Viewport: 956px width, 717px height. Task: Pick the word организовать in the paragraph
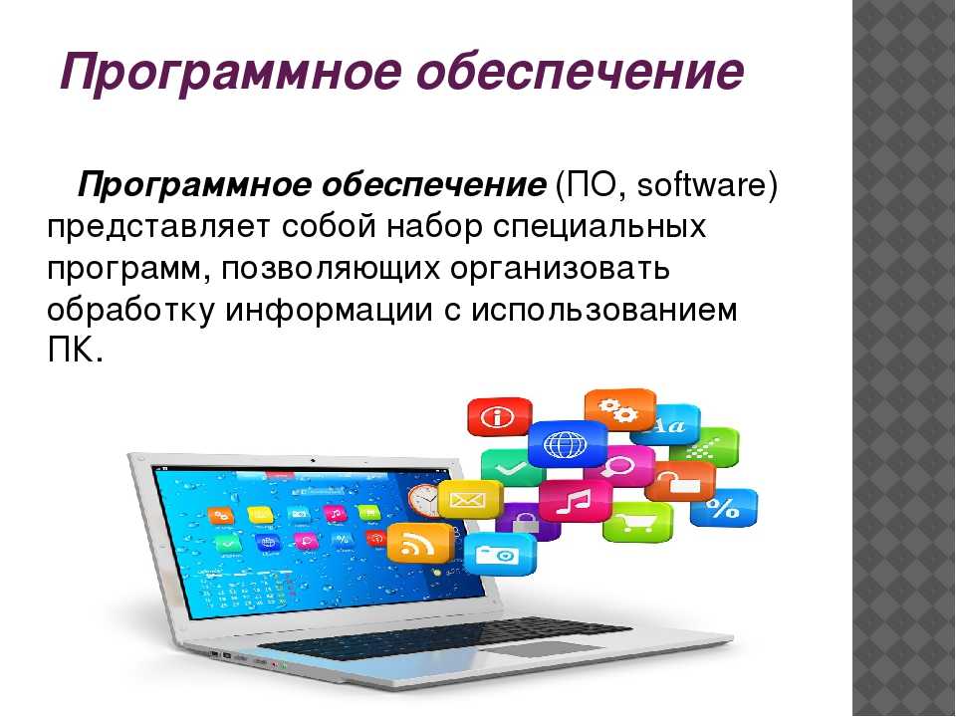click(560, 270)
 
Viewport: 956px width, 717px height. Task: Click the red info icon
click(499, 417)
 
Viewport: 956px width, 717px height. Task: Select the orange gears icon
click(618, 409)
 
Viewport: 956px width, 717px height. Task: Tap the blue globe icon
click(567, 443)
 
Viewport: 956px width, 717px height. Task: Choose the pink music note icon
click(575, 501)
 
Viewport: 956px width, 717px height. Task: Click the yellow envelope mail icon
click(469, 499)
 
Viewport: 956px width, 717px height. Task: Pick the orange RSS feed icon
click(420, 543)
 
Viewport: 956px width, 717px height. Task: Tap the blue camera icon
click(500, 554)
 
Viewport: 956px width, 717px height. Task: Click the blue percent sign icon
click(724, 507)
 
